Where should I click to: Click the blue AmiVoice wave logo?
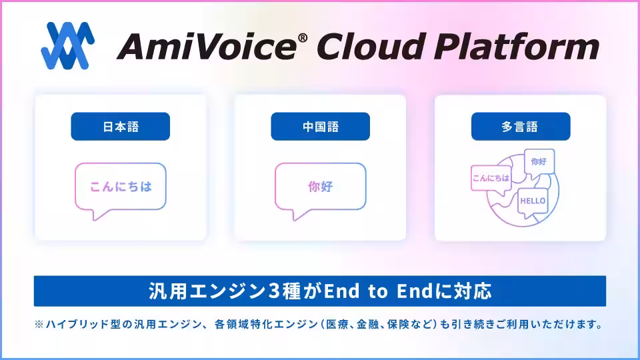pyautogui.click(x=68, y=46)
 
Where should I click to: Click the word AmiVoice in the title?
pyautogui.click(x=207, y=47)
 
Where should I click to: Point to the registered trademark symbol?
pyautogui.click(x=303, y=38)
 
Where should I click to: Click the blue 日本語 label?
pyautogui.click(x=121, y=127)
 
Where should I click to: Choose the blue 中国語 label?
pyautogui.click(x=321, y=127)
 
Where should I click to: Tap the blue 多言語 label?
pyautogui.click(x=521, y=127)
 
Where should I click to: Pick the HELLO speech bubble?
pyautogui.click(x=533, y=202)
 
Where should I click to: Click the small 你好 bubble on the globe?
pyautogui.click(x=539, y=163)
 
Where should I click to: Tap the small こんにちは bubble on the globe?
pyautogui.click(x=491, y=179)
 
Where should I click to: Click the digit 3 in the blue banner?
pyautogui.click(x=273, y=291)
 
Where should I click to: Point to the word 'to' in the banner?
pyautogui.click(x=377, y=291)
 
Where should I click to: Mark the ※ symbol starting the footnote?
pyautogui.click(x=39, y=325)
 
